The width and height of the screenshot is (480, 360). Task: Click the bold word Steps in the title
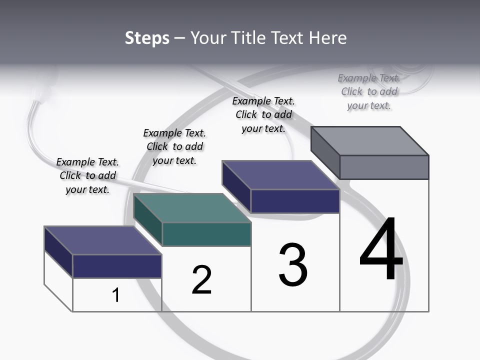click(147, 38)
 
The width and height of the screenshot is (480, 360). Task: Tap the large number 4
click(381, 250)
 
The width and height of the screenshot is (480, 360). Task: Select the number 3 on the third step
click(293, 265)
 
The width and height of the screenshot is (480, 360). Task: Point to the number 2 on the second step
click(202, 280)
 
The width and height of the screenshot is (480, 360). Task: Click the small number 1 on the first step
click(116, 295)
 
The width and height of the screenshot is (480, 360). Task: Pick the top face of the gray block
click(370, 141)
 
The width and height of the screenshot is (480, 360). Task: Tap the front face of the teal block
click(206, 234)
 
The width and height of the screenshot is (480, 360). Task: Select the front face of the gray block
click(384, 167)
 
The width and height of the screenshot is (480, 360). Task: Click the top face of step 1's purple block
click(102, 240)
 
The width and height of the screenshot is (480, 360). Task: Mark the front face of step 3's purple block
click(295, 201)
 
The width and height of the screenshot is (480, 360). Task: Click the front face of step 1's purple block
click(117, 266)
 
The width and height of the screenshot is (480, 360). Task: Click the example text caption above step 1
click(87, 175)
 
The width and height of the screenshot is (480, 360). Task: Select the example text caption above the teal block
click(174, 146)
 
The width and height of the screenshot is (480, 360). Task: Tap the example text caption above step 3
click(263, 114)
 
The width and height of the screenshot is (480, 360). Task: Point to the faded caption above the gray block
click(369, 91)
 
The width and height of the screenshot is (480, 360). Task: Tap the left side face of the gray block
click(325, 152)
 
